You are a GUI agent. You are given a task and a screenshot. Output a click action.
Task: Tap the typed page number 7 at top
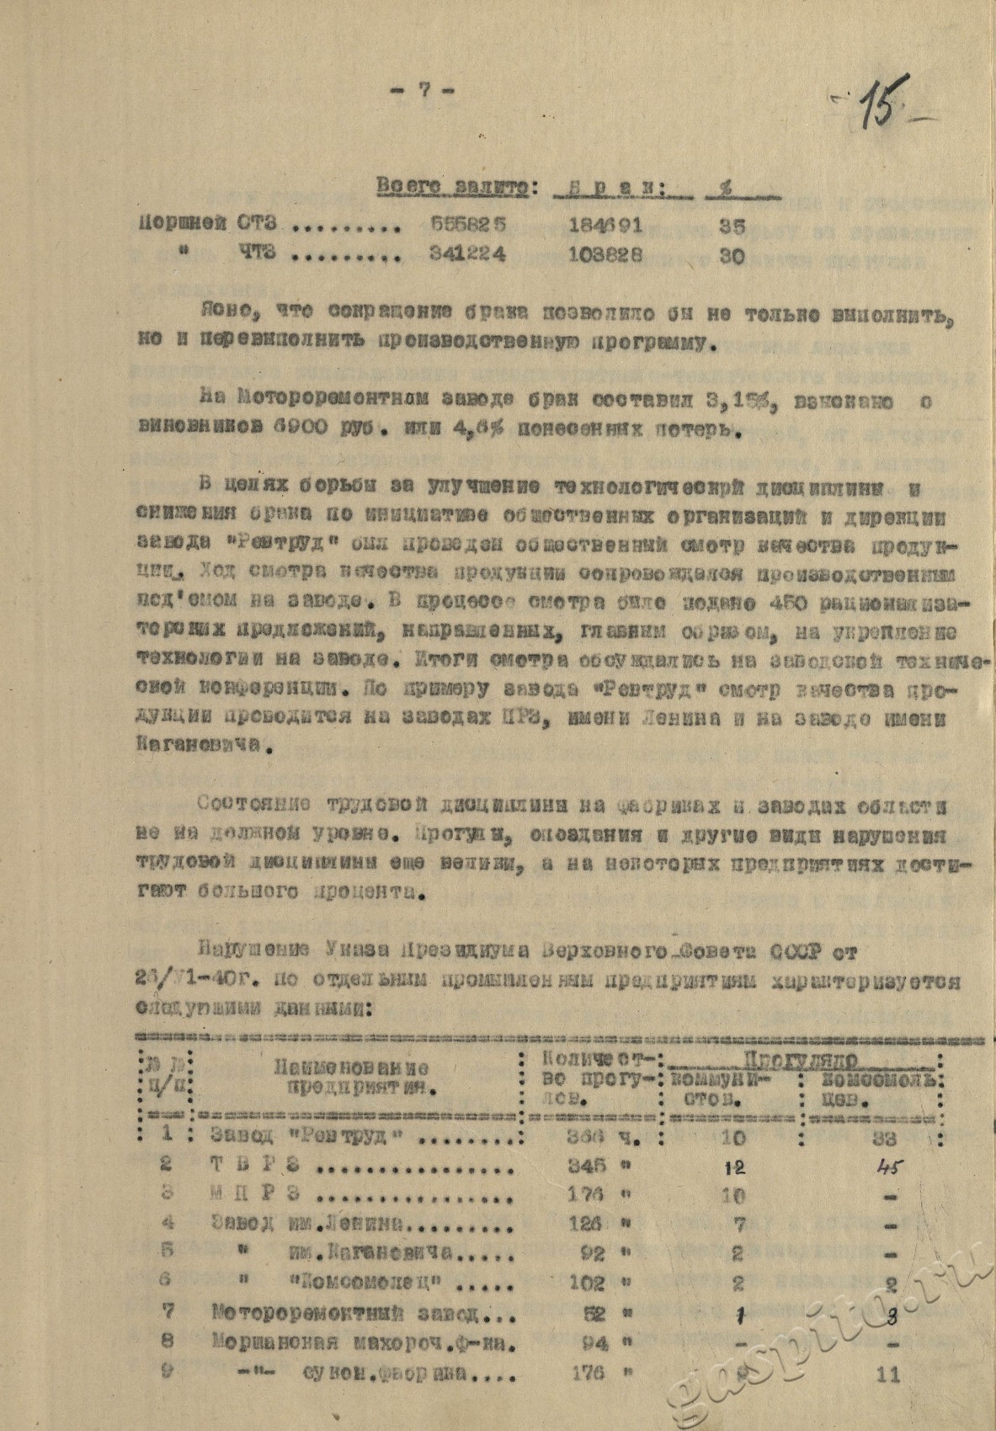click(426, 90)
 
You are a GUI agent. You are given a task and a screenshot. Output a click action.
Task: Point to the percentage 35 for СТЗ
click(732, 226)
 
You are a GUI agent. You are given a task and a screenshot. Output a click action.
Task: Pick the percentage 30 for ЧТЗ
click(732, 257)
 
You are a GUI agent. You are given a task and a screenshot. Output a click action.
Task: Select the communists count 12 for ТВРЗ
click(734, 1168)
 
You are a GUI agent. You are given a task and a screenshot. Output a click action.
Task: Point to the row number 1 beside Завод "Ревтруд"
click(168, 1133)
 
